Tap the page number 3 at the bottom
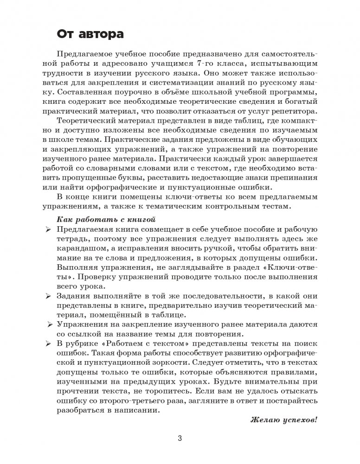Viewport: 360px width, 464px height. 180,439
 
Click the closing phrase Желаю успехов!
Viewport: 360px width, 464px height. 284,420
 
